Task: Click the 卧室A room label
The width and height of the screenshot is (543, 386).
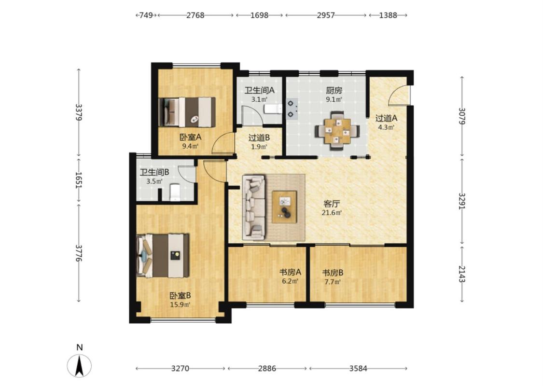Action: [190, 137]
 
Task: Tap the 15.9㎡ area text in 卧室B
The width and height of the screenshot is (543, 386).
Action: [180, 304]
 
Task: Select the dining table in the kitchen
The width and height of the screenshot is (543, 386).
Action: [337, 131]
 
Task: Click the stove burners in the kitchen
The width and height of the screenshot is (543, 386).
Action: [292, 109]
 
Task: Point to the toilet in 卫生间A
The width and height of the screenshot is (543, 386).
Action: [273, 109]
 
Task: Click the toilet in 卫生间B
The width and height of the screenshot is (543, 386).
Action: [175, 193]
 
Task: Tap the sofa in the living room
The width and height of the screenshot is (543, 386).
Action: [254, 207]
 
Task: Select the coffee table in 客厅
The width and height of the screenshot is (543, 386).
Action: [285, 207]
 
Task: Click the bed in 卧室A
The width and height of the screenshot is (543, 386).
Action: [187, 112]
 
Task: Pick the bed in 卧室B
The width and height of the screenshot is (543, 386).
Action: [163, 256]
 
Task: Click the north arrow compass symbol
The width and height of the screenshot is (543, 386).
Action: [79, 365]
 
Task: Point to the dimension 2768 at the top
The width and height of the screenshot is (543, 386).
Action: [195, 15]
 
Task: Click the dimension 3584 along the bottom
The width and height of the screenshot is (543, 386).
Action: [358, 368]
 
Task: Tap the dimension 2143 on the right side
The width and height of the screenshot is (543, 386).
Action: [462, 274]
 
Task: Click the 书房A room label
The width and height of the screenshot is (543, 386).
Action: [290, 272]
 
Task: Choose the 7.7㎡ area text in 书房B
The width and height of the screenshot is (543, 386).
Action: [332, 281]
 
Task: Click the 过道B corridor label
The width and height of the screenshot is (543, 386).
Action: [259, 138]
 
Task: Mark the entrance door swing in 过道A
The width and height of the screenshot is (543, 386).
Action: [398, 95]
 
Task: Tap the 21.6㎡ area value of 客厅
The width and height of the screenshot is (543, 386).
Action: [332, 213]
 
